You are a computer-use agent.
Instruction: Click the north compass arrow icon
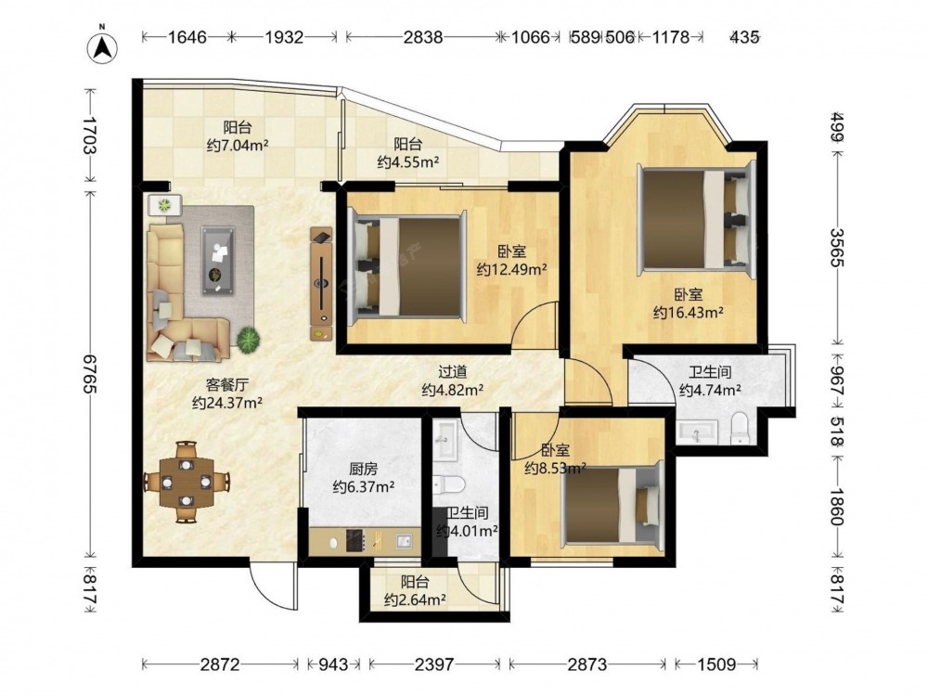102,47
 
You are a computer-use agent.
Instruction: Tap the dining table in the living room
187,482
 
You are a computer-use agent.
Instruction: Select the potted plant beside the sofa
249,339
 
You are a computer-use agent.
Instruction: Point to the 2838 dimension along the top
422,37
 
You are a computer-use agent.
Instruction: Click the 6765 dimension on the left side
90,374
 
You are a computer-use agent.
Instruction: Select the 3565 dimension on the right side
837,248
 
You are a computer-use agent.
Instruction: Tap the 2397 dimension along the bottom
434,664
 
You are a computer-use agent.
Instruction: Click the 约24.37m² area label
227,403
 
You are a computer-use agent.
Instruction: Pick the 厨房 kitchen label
364,470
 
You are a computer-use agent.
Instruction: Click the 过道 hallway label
452,372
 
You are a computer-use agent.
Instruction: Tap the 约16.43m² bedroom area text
688,312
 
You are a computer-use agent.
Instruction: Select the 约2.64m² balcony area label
414,599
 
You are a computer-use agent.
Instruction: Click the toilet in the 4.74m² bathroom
741,428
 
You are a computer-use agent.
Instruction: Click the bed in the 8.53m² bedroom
612,503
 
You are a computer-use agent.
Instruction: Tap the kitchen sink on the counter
404,541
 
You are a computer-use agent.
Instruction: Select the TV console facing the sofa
322,283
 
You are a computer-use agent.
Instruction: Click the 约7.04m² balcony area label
238,145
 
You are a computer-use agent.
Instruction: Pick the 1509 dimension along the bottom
716,664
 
